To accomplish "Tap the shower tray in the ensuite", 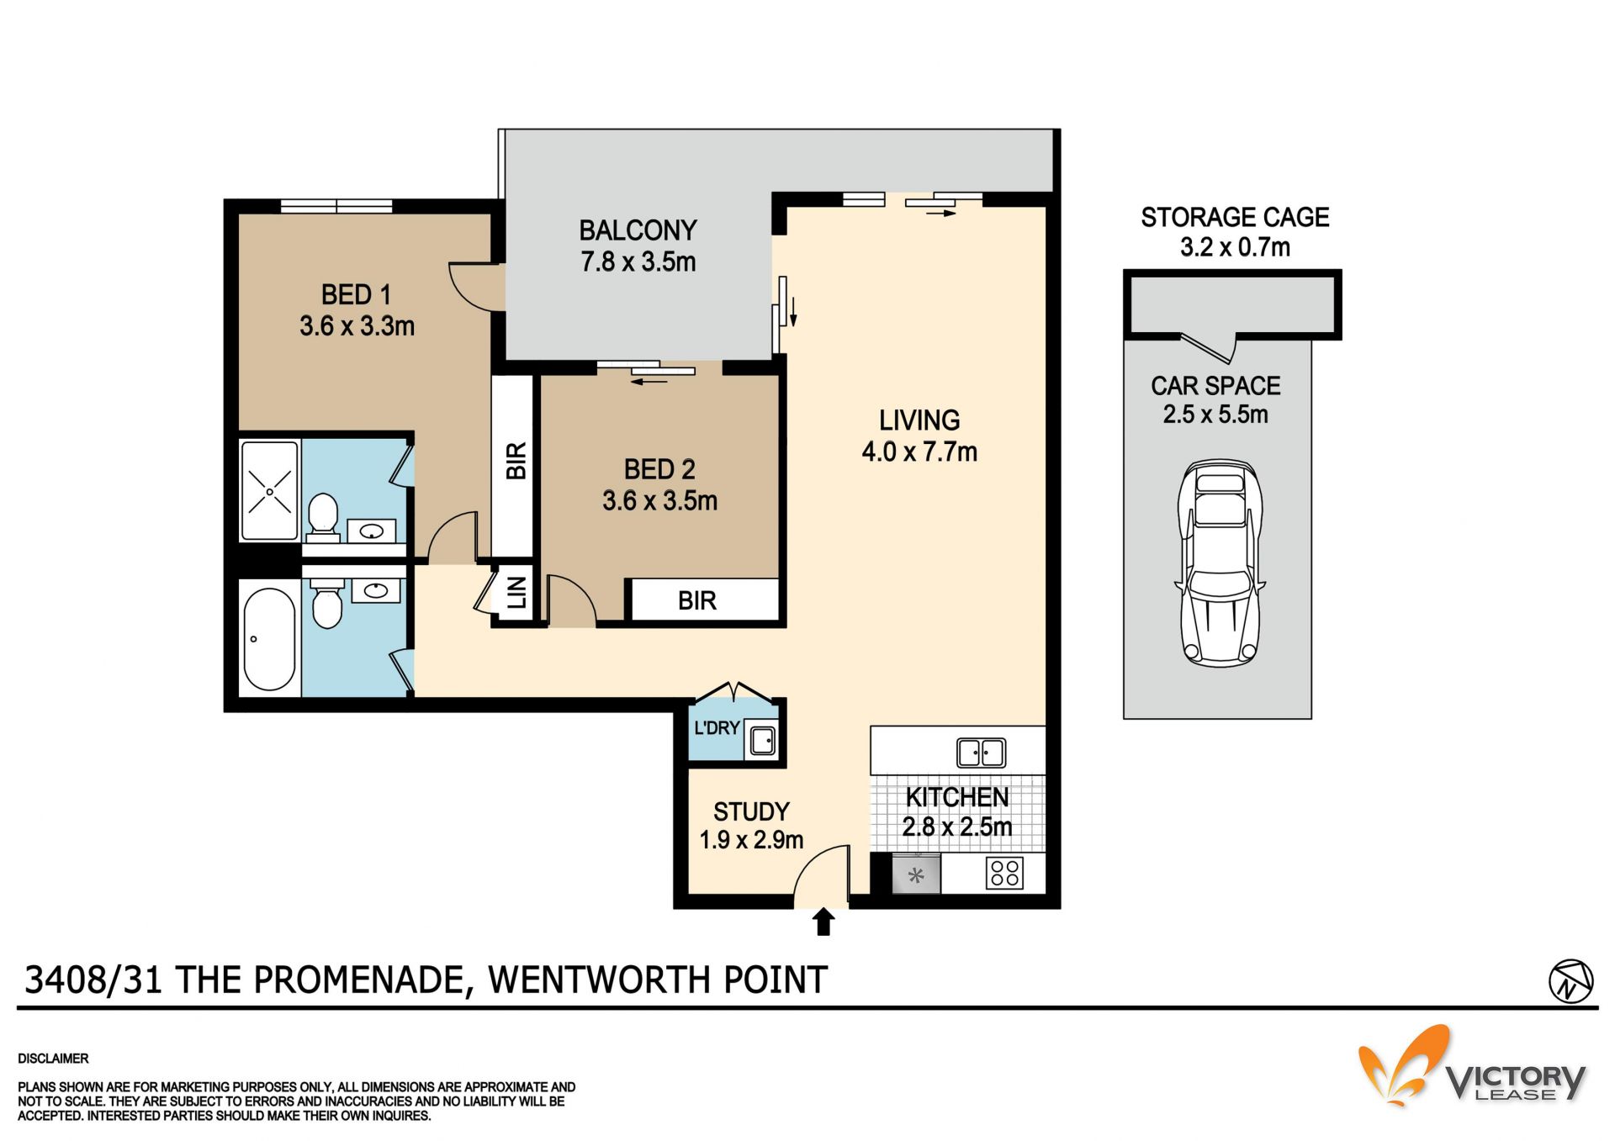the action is click(x=270, y=491).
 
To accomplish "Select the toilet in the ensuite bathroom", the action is click(x=322, y=515).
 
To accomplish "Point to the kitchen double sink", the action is click(x=981, y=752).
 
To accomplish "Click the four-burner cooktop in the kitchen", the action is click(x=1005, y=873).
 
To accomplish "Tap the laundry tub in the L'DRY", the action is click(x=763, y=741).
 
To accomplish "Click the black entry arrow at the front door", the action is click(x=823, y=922).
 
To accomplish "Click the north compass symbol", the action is click(x=1570, y=981).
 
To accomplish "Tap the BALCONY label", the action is click(x=638, y=230).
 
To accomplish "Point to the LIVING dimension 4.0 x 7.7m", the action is click(x=919, y=452).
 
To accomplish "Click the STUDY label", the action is click(x=751, y=811).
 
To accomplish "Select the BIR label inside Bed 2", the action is click(x=696, y=600).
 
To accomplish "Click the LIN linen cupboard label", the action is click(x=517, y=593).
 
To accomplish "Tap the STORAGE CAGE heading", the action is click(x=1235, y=217).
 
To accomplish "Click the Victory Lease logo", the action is click(x=1472, y=1066).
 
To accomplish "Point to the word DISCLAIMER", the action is click(x=53, y=1059).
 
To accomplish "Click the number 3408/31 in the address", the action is click(x=93, y=980).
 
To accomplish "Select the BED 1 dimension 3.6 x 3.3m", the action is click(x=357, y=326).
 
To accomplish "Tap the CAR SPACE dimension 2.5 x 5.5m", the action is click(x=1215, y=415).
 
